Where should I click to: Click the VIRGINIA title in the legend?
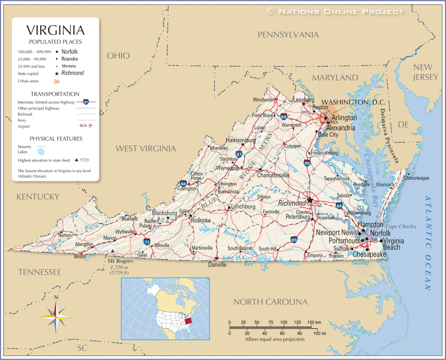pyautogui.click(x=55, y=30)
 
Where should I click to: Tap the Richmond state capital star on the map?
pyautogui.click(x=310, y=200)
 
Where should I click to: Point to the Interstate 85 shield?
pyautogui.click(x=294, y=239)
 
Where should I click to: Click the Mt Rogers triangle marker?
pyautogui.click(x=113, y=251)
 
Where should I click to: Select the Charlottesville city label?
pyautogui.click(x=273, y=175)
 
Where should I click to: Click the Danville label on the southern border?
pyautogui.click(x=217, y=265)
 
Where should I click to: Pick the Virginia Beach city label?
pyautogui.click(x=394, y=244)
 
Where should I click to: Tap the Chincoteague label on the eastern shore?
pyautogui.click(x=416, y=178)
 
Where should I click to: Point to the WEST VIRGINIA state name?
pyautogui.click(x=145, y=149)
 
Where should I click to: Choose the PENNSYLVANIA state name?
pyautogui.click(x=288, y=34)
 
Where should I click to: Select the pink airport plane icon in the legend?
pyautogui.click(x=91, y=126)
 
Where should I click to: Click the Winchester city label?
pyautogui.click(x=264, y=99)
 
